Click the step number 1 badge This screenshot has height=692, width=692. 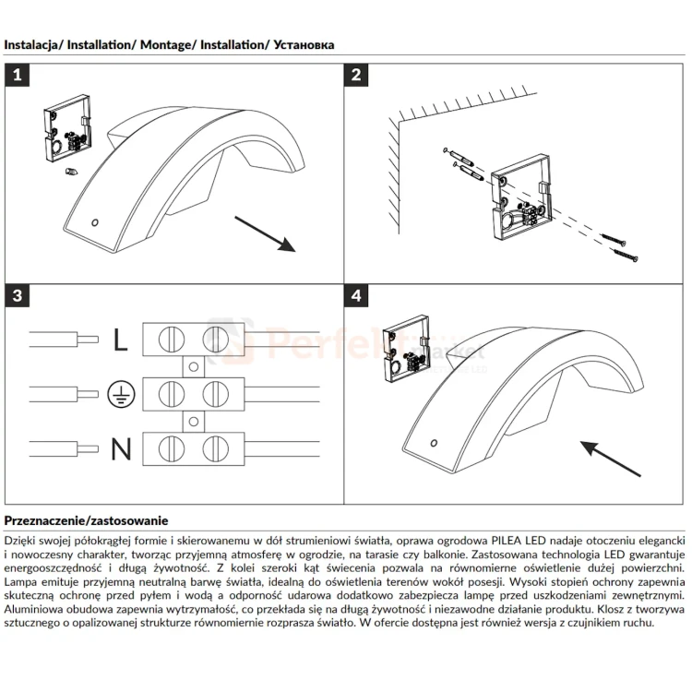coord(18,76)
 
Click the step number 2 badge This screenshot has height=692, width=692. coord(356,76)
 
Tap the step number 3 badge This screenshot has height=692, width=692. coord(18,296)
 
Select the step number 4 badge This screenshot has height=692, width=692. coord(356,296)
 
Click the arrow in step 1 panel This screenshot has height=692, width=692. coord(264,233)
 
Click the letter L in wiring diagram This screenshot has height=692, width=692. coord(121,340)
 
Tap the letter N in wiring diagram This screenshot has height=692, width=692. coord(121,449)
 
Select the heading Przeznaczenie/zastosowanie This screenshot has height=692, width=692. coord(86,522)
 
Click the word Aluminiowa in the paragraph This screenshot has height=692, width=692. coord(34,610)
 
